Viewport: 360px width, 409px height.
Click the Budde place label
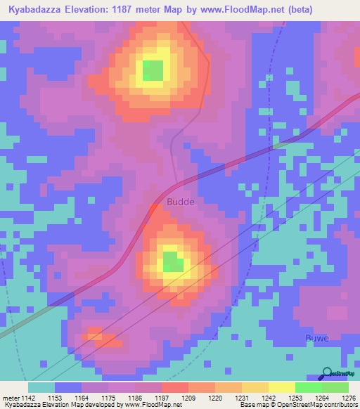(x=181, y=202)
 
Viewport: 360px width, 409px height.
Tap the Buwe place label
(x=318, y=339)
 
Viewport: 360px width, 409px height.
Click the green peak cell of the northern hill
(x=153, y=70)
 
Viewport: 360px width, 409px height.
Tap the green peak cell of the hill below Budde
(x=173, y=261)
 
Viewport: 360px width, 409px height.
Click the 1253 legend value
(x=295, y=398)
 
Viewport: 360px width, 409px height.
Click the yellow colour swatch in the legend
(x=281, y=387)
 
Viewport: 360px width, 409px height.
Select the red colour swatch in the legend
(x=174, y=387)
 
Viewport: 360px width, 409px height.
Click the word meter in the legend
(x=11, y=398)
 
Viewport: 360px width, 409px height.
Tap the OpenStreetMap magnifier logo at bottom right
(x=326, y=374)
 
